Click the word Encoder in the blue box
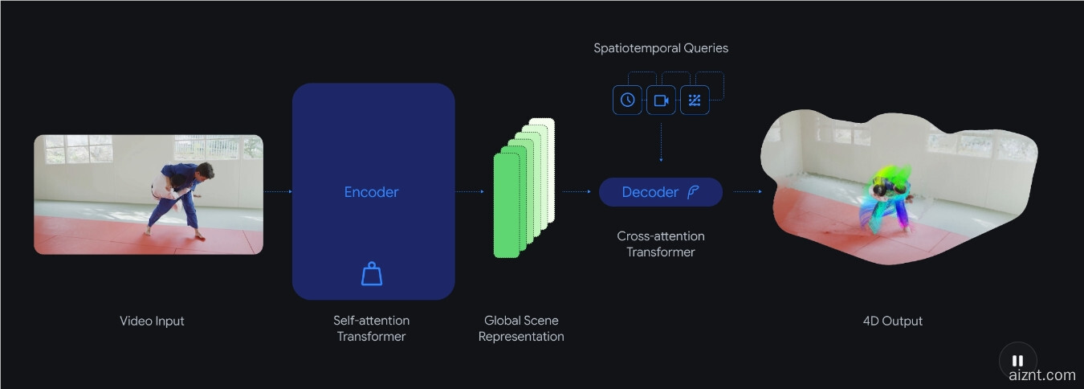coord(371,192)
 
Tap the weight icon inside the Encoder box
coord(372,274)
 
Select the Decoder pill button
coord(660,192)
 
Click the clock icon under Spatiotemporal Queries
coord(627,100)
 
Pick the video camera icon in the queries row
coord(661,100)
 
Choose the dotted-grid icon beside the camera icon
coord(695,100)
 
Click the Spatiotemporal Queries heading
coord(661,48)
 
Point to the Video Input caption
coord(152,321)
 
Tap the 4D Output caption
coord(892,321)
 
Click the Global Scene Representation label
coord(521,329)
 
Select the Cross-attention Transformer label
coord(660,244)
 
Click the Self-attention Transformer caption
coord(371,329)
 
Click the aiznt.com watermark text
coord(1042,375)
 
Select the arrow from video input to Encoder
coord(277,192)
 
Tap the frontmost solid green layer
coord(506,206)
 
